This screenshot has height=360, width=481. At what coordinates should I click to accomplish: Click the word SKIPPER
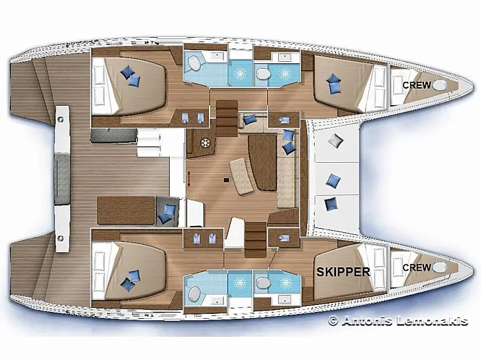(343, 271)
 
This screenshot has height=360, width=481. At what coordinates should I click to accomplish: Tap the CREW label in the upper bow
(416, 85)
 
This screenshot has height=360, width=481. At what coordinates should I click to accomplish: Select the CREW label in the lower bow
(416, 267)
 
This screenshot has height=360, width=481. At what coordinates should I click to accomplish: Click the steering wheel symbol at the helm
(205, 143)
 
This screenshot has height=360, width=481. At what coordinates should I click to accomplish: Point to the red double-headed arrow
(189, 179)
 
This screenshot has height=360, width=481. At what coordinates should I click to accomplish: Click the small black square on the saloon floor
(226, 180)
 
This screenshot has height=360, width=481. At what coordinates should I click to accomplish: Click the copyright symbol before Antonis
(333, 321)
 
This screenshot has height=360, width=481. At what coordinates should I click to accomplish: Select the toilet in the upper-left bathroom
(194, 63)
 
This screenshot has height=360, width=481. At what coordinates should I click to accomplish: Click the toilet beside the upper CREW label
(439, 85)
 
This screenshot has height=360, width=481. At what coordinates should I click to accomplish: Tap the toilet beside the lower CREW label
(439, 267)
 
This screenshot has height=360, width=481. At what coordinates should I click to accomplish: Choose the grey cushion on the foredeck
(335, 141)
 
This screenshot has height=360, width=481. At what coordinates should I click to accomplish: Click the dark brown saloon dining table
(262, 163)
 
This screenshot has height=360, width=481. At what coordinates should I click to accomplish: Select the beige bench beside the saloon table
(242, 177)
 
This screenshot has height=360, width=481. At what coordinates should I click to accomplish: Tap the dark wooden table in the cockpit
(126, 211)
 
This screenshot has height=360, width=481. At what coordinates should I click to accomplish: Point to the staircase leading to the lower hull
(256, 240)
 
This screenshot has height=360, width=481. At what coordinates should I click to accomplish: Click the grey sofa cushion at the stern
(63, 179)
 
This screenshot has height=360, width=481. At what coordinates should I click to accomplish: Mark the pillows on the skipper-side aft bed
(131, 280)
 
